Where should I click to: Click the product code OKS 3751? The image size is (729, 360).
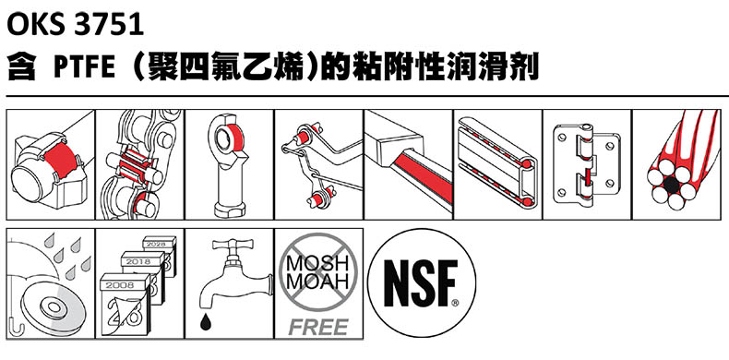point(75,25)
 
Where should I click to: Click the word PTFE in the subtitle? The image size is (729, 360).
point(84,68)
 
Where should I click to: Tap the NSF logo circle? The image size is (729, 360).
point(422,282)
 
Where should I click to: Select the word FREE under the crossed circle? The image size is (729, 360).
point(318,327)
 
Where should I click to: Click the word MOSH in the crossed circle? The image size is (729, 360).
point(318,264)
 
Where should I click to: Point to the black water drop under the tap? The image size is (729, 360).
point(206,322)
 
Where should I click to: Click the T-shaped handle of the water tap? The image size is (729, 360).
point(233,245)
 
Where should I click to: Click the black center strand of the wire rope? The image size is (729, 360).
point(671,186)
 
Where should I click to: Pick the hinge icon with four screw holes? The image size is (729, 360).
point(587,164)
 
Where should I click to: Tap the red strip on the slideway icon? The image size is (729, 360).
point(422,175)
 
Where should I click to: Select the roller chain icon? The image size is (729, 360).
point(140,164)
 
